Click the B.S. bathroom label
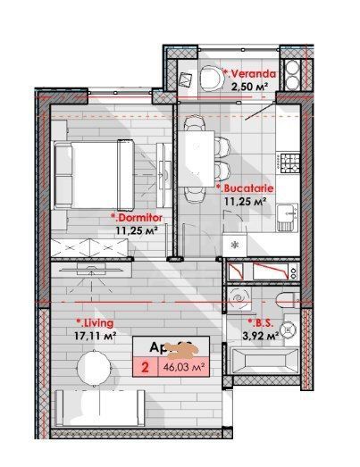coord(264,323)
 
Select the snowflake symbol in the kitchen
coord(236,244)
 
